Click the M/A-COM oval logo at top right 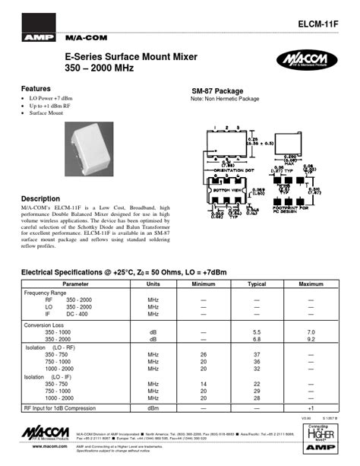coord(308,60)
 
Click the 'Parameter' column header coord(75,283)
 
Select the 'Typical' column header coord(257,283)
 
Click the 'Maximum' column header coord(311,283)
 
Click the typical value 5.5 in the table coord(257,333)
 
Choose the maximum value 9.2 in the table coord(311,340)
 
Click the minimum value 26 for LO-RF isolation coord(204,354)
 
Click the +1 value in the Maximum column coord(311,408)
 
